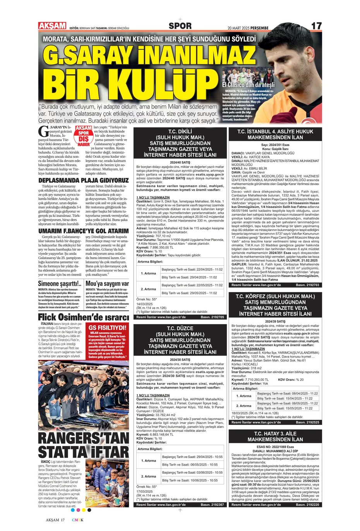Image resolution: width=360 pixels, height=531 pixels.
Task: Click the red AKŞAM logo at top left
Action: tap(52, 26)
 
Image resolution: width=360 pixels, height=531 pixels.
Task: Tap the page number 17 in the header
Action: tap(316, 26)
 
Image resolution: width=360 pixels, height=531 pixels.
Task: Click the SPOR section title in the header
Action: tap(180, 26)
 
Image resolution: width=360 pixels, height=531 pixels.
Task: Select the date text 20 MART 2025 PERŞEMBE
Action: tap(248, 28)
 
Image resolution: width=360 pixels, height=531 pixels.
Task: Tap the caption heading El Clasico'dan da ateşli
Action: tap(248, 84)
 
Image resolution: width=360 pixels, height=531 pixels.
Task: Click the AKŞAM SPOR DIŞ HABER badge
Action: tap(84, 136)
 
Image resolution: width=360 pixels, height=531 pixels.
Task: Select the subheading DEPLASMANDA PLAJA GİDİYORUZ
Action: tap(83, 180)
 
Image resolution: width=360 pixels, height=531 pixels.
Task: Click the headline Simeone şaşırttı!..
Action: tap(60, 284)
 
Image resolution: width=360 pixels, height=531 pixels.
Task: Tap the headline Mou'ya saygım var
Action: tap(107, 284)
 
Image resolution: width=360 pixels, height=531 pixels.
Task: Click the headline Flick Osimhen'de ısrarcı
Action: tap(83, 317)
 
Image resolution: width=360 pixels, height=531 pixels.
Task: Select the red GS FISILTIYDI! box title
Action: tap(108, 328)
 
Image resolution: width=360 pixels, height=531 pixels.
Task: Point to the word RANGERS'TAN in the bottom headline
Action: tap(83, 438)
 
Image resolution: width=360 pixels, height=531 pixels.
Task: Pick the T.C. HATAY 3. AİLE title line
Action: tap(275, 433)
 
